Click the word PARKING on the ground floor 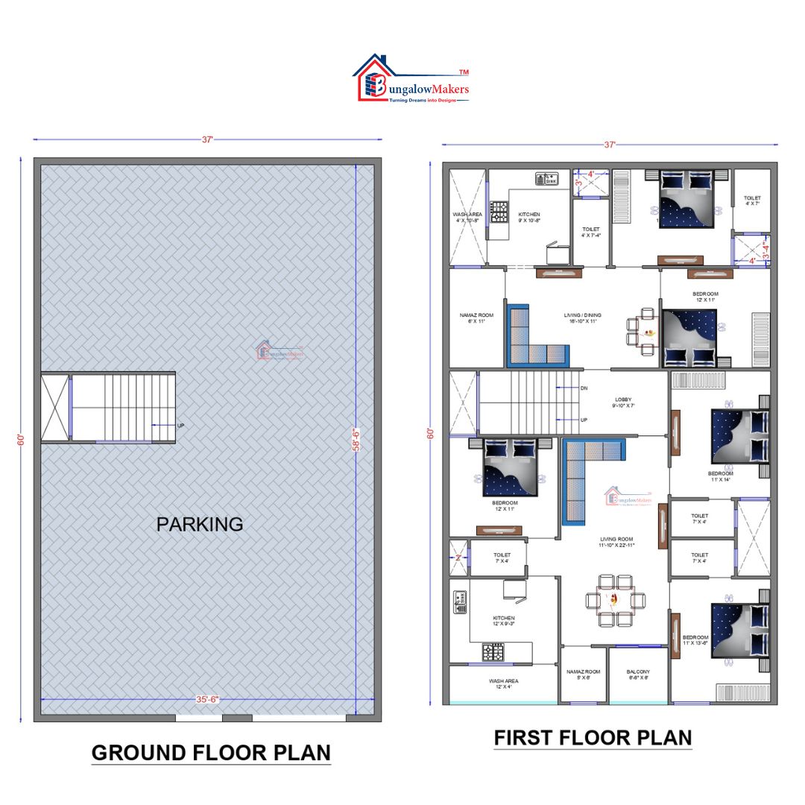click(x=200, y=524)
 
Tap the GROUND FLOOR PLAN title click(x=211, y=752)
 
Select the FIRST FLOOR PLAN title click(x=593, y=738)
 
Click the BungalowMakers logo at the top click(x=412, y=80)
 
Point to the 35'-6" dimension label click(x=207, y=699)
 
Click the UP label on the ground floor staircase click(x=180, y=426)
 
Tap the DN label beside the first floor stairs click(x=584, y=388)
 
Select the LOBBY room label click(x=623, y=402)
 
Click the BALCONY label click(x=638, y=675)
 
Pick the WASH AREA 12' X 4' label click(x=504, y=684)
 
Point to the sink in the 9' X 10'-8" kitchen click(x=546, y=179)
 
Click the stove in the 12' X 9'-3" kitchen click(x=493, y=654)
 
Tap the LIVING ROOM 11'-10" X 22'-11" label click(x=616, y=542)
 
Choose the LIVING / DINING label click(x=582, y=318)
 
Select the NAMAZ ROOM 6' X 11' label click(x=476, y=318)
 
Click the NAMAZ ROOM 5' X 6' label click(x=583, y=675)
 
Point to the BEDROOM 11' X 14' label click(x=721, y=476)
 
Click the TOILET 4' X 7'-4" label click(x=590, y=233)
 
